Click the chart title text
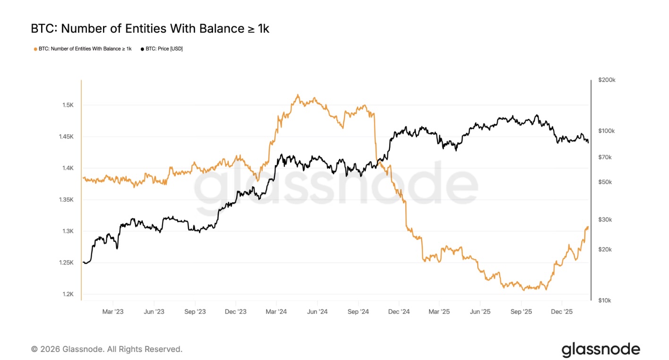[150, 29]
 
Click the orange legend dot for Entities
[35, 49]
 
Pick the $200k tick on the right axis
[607, 80]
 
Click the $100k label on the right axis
[607, 131]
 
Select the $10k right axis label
[605, 300]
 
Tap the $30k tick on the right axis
[605, 220]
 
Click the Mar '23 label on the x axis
[113, 312]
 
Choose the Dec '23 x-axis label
[236, 312]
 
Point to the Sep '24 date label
[358, 312]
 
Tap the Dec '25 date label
[562, 312]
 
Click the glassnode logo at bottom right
[600, 350]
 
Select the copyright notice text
[107, 349]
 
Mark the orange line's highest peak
[298, 95]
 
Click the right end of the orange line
[588, 227]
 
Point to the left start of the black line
[83, 262]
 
